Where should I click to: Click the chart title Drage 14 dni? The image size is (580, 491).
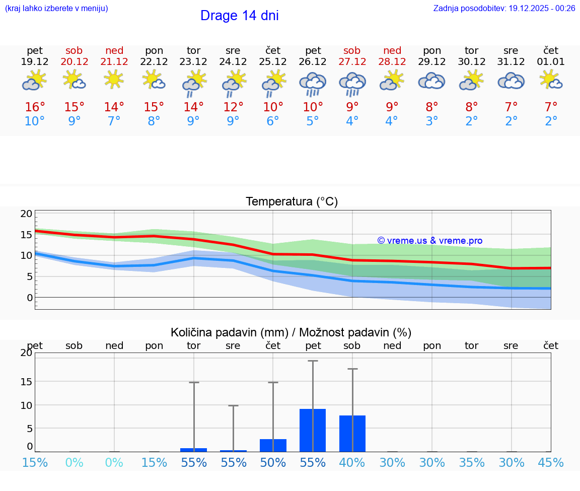(239, 16)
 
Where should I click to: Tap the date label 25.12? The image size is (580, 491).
(273, 61)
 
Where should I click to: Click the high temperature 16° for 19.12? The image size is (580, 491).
(35, 107)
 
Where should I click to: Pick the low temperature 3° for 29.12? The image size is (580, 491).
(432, 121)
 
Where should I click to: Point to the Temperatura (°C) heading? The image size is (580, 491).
(292, 201)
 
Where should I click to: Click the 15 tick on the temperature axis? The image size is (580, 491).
(26, 235)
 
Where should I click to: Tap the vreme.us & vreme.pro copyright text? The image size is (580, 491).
(429, 241)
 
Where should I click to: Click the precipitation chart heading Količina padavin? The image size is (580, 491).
(291, 332)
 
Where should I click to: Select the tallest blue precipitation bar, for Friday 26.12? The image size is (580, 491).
(313, 430)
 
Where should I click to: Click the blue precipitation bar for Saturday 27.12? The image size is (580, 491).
(352, 433)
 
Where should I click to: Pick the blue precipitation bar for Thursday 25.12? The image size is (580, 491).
(273, 445)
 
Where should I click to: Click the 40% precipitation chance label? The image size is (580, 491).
(352, 462)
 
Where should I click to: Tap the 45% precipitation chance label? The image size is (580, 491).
(551, 462)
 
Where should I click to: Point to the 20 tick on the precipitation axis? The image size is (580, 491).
(26, 353)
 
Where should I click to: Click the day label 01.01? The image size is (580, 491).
(551, 61)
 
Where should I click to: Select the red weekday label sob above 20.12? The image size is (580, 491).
(74, 50)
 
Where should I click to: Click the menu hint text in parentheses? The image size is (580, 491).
(56, 8)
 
